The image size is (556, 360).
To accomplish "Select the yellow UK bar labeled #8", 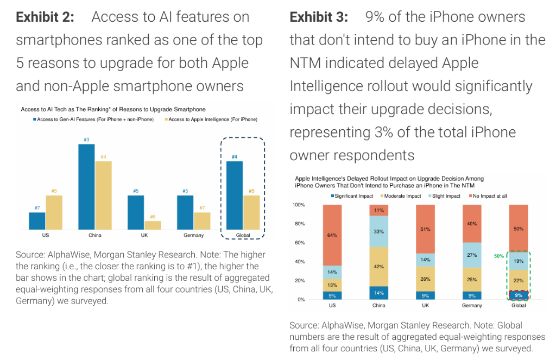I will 153,225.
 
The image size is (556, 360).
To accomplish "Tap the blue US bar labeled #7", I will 37,220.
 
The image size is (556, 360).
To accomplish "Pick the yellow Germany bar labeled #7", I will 202,220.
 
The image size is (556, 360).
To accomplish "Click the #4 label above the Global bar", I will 235,157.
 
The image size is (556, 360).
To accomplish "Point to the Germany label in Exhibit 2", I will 194,235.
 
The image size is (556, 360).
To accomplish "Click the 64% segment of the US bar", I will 332,235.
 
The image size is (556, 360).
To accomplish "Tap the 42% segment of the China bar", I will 378,267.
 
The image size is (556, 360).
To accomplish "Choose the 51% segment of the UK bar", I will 425,229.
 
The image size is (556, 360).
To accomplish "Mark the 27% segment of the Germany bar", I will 472,255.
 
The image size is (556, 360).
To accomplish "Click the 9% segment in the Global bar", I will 519,295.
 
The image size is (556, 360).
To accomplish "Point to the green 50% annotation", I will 499,255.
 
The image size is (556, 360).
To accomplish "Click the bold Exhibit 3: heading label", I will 319,17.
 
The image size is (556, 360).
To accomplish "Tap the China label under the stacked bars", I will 378,306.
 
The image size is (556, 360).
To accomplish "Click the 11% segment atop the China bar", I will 378,210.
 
